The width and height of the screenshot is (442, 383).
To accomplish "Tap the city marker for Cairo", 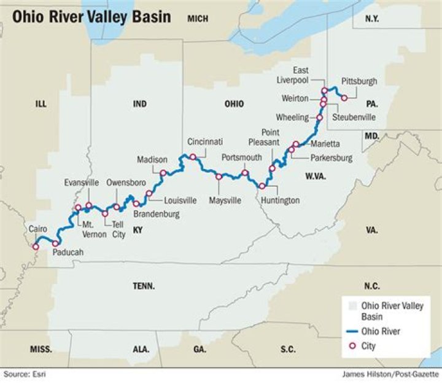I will pyautogui.click(x=35, y=247).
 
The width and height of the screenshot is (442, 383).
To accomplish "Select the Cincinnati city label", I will pyautogui.click(x=205, y=141).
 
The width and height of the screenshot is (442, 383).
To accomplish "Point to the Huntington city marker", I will pyautogui.click(x=262, y=186).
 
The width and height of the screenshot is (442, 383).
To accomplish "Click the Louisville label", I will pyautogui.click(x=180, y=200).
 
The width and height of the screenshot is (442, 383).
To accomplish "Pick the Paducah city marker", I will pyautogui.click(x=55, y=243).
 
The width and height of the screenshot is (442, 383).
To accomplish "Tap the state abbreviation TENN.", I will pyautogui.click(x=144, y=286).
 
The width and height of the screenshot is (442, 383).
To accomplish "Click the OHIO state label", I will pyautogui.click(x=233, y=104).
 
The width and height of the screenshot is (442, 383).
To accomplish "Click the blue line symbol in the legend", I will pyautogui.click(x=351, y=332).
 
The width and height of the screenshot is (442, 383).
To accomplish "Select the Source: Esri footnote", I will pyautogui.click(x=25, y=374).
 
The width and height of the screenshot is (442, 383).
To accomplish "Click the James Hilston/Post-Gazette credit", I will pyautogui.click(x=389, y=374).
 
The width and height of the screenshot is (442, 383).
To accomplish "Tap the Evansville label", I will pyautogui.click(x=81, y=183).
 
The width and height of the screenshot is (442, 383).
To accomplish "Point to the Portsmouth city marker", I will pyautogui.click(x=245, y=173).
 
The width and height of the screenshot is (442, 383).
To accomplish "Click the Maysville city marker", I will pyautogui.click(x=219, y=177).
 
